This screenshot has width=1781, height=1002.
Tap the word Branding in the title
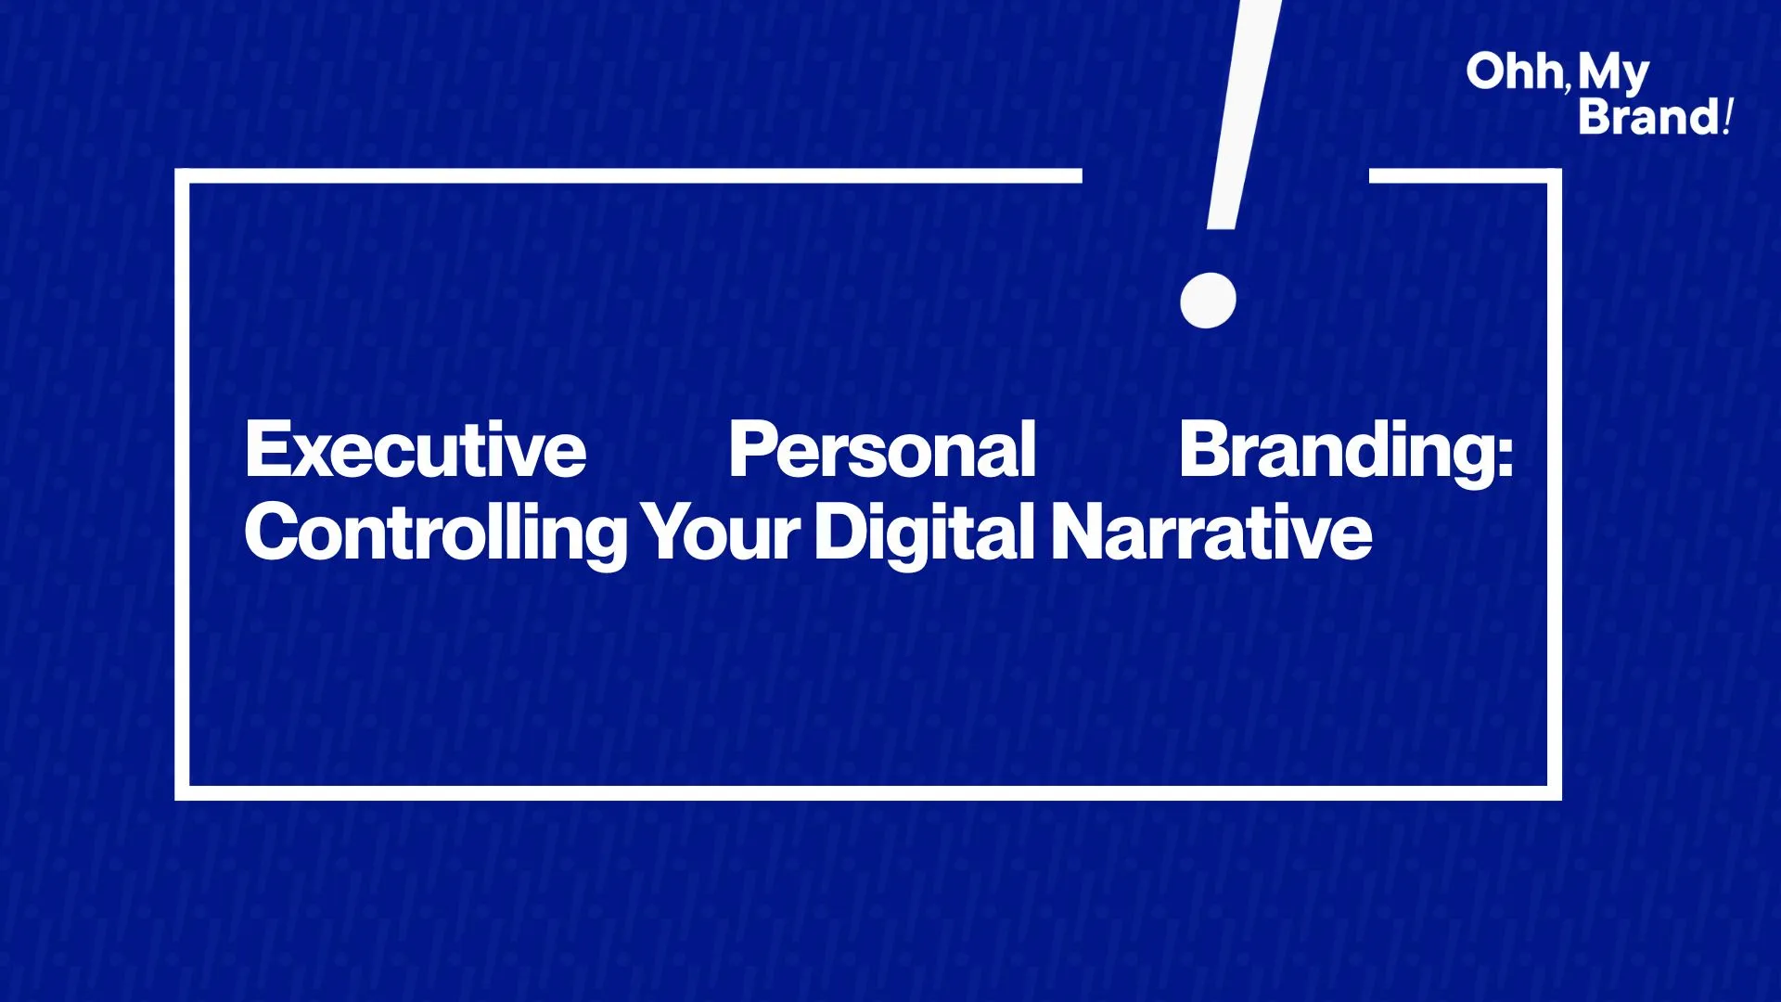(x=1336, y=453)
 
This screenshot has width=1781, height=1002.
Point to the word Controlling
(x=436, y=533)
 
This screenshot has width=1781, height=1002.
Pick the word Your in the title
(x=721, y=533)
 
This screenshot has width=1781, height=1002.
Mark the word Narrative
(x=1211, y=533)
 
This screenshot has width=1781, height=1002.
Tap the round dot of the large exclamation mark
(x=1208, y=300)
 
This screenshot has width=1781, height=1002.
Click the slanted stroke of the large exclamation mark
(x=1244, y=114)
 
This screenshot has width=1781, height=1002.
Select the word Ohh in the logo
(x=1514, y=71)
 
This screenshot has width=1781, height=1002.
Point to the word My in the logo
(x=1614, y=74)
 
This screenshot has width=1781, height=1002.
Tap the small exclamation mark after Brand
(x=1728, y=117)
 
